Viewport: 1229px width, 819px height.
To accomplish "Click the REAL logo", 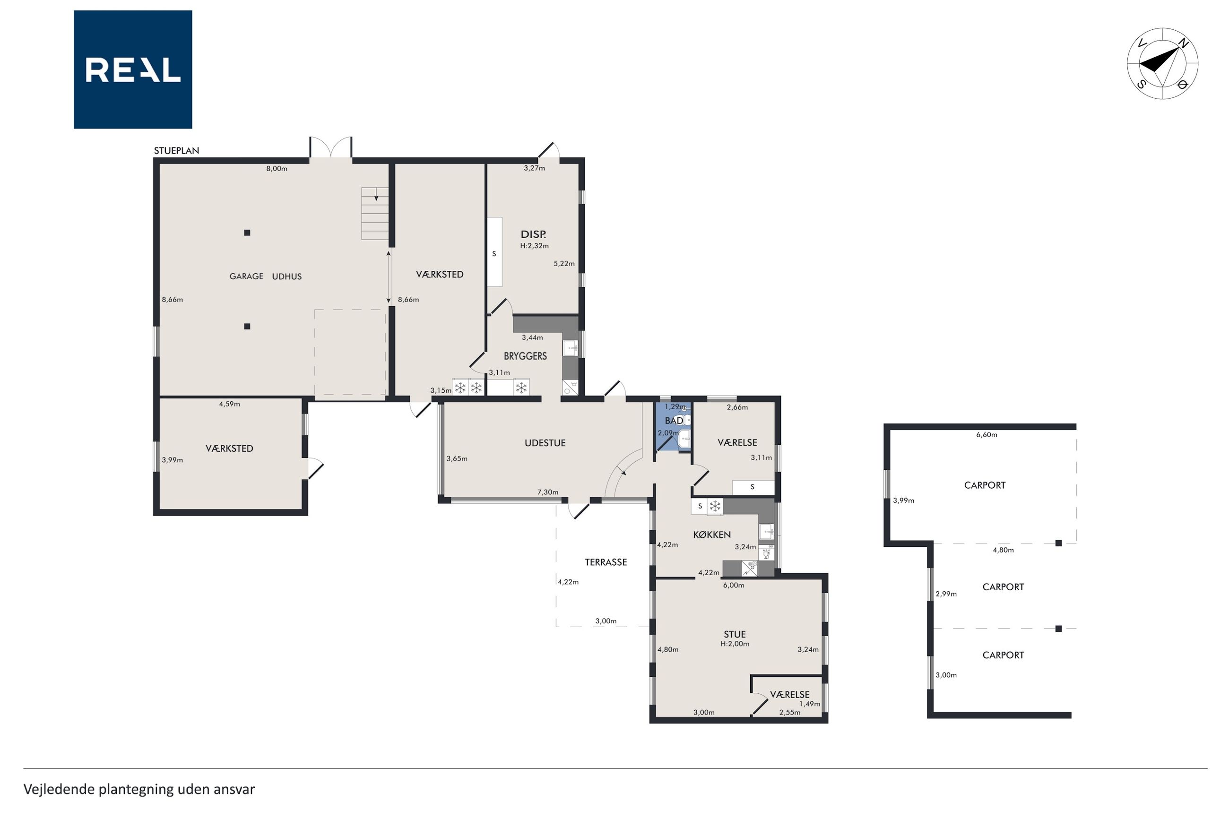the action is (133, 69).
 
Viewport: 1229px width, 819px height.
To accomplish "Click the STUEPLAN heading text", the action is (176, 150).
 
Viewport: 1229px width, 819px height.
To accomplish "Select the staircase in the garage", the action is (375, 213).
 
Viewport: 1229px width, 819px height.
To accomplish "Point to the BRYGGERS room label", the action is (525, 356).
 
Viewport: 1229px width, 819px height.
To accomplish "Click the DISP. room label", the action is (533, 234).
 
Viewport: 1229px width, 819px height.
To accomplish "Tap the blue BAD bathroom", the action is (673, 427).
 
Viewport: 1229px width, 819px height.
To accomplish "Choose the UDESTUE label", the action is (545, 443).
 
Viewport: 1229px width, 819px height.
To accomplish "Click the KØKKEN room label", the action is (711, 535).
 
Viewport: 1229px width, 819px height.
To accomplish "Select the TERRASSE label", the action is (606, 562).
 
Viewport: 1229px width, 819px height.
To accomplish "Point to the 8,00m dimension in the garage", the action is (277, 169).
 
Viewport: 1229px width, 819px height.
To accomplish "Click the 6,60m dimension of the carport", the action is (987, 435).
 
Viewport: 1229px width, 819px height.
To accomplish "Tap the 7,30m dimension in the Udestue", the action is (548, 492).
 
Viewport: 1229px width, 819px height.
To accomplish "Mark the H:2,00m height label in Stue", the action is (735, 644).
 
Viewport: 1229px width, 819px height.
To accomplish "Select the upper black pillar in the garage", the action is (247, 233).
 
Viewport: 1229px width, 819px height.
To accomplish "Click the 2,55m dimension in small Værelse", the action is (789, 713).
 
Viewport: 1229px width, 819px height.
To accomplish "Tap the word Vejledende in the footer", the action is (59, 789).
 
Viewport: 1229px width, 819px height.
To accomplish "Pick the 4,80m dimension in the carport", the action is (1003, 550).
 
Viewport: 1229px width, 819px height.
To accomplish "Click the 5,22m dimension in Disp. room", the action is (564, 264).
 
